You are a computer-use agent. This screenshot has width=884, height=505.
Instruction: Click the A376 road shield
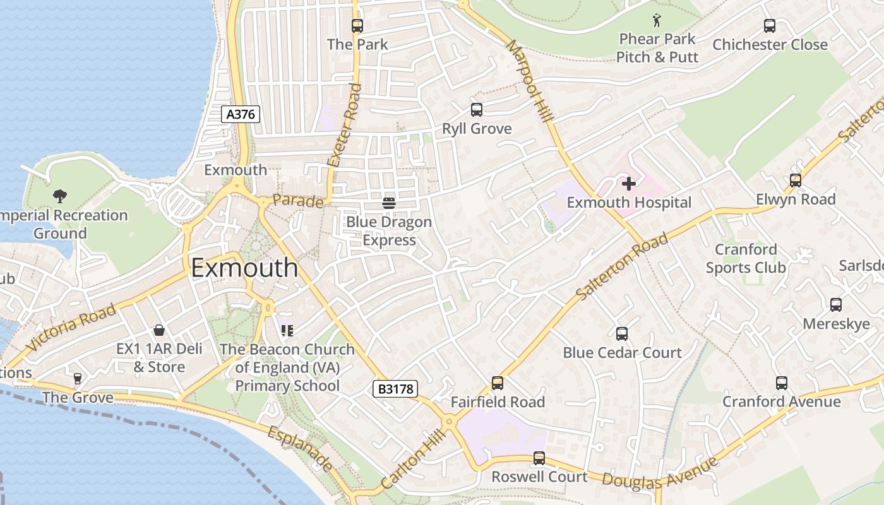click(241, 114)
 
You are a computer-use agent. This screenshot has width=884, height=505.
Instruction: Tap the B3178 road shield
click(396, 389)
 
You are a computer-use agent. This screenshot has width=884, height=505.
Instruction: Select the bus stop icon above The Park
click(357, 26)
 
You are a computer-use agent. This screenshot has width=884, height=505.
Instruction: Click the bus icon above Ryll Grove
click(477, 110)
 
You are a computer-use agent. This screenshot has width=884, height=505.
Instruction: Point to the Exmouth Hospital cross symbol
click(629, 184)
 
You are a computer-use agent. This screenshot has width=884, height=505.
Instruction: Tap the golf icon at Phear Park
click(657, 20)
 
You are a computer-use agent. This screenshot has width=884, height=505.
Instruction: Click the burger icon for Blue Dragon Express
click(388, 203)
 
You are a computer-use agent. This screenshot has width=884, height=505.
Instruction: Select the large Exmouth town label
click(244, 268)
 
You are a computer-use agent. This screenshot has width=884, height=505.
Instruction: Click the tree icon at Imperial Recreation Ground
click(60, 196)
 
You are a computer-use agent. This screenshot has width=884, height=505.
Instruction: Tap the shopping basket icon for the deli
click(159, 330)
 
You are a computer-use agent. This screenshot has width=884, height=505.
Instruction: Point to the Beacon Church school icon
click(287, 330)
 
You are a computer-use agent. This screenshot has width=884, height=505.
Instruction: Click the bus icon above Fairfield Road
click(498, 383)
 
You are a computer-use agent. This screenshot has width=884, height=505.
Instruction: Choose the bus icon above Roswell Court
click(539, 458)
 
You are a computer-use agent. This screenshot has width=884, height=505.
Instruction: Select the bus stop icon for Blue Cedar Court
click(622, 334)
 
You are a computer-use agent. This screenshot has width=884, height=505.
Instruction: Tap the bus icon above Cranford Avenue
click(782, 383)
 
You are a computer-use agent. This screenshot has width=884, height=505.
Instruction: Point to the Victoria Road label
click(71, 327)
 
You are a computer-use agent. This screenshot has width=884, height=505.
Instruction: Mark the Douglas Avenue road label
click(660, 473)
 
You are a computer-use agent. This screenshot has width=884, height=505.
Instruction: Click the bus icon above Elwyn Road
click(796, 181)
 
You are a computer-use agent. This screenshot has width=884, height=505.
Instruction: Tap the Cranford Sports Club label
click(746, 258)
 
